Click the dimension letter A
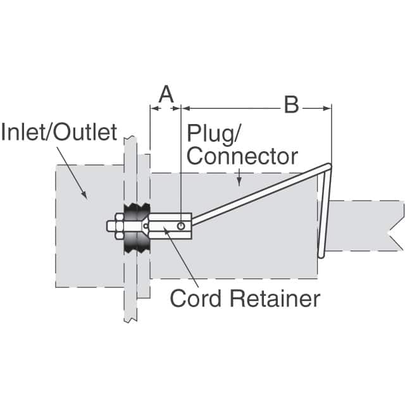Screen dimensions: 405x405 pyautogui.click(x=165, y=95)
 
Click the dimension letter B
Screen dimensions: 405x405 pyautogui.click(x=291, y=105)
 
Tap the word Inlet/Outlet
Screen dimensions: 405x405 pyautogui.click(x=59, y=132)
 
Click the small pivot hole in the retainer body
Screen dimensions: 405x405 pyautogui.click(x=182, y=225)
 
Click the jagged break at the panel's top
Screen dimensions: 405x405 pyautogui.click(x=130, y=137)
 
